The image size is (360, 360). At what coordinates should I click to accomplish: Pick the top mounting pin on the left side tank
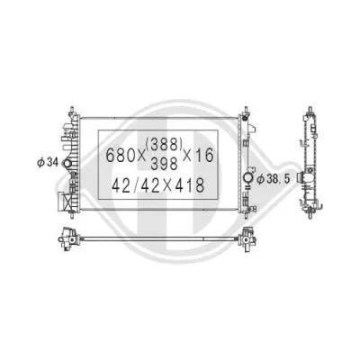pos(68,111)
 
